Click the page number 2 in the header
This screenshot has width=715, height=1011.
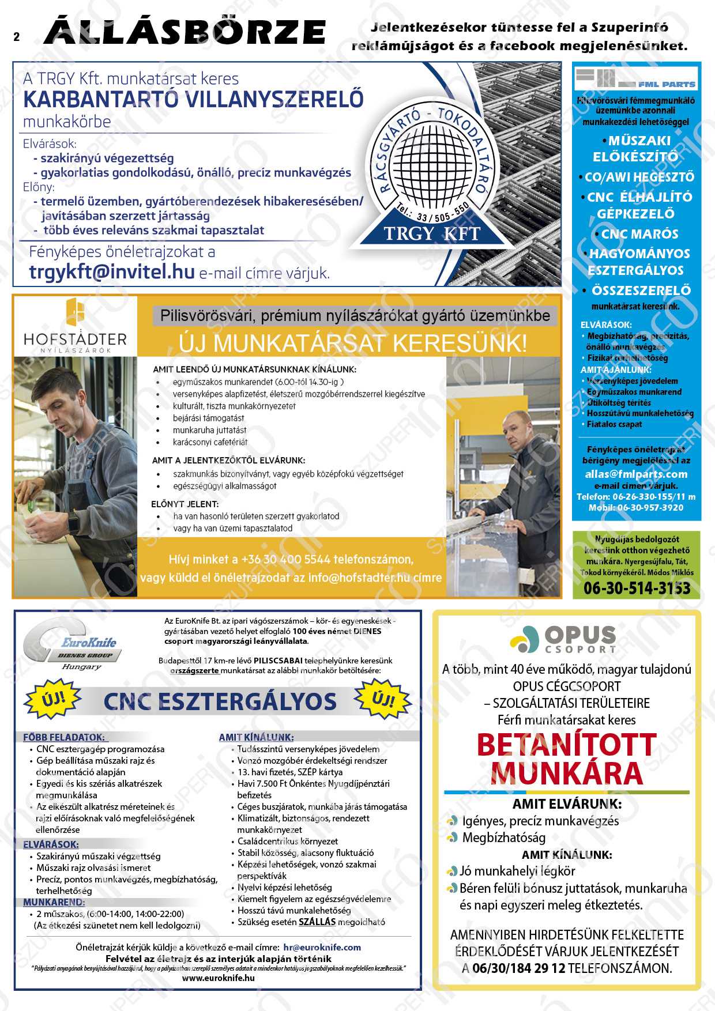[17, 37]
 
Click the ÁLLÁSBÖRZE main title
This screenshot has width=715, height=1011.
[185, 32]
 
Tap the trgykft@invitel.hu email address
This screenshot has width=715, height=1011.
[112, 271]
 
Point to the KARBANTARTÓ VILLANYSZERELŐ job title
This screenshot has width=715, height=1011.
[193, 100]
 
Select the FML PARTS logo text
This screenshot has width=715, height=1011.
[666, 84]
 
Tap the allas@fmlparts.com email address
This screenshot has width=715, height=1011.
[636, 474]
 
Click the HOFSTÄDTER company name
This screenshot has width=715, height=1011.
[75, 339]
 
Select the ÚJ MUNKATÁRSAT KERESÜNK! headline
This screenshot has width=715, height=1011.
[353, 343]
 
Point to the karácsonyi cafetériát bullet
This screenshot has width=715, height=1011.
[210, 442]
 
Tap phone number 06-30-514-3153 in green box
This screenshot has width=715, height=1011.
[637, 588]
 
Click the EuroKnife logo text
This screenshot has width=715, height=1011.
[89, 642]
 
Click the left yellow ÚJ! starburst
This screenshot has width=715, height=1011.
[52, 700]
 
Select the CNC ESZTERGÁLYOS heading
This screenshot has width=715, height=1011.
[220, 701]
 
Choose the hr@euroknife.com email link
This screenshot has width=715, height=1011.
[322, 947]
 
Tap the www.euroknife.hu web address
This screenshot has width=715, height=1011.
[218, 978]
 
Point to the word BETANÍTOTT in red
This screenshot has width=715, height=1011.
[567, 745]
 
